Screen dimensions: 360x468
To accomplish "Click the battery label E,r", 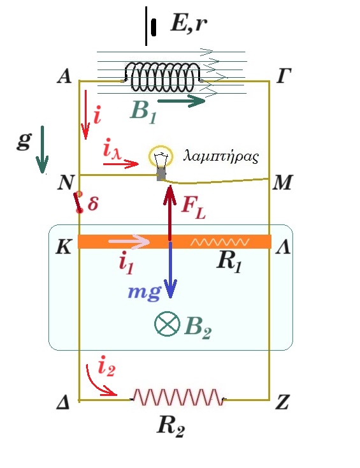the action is (189, 23).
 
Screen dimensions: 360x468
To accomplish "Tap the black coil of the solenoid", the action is (163, 77).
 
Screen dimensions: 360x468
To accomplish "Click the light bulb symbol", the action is (161, 162).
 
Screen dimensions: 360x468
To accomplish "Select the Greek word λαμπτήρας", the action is (221, 156).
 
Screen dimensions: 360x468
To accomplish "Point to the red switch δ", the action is (78, 202).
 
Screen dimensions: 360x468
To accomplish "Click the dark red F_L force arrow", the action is (170, 213).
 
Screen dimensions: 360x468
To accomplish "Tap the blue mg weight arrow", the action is (170, 270).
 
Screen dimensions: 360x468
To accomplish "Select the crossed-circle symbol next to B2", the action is (167, 324).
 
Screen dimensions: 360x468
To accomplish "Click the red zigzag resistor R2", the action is (178, 397).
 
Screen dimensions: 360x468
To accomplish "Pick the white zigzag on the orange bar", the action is (220, 242).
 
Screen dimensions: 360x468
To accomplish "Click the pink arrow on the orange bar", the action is (129, 241).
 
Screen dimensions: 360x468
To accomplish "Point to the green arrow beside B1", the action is (181, 101).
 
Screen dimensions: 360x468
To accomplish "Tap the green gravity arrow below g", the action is (42, 150).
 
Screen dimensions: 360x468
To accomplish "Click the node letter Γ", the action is (284, 76).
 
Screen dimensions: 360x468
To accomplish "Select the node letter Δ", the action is (63, 403).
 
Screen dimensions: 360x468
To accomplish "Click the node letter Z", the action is (282, 402).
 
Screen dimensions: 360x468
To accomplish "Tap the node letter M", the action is (283, 182).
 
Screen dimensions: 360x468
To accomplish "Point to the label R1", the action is (229, 263).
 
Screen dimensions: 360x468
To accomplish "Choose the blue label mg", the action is (145, 292).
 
